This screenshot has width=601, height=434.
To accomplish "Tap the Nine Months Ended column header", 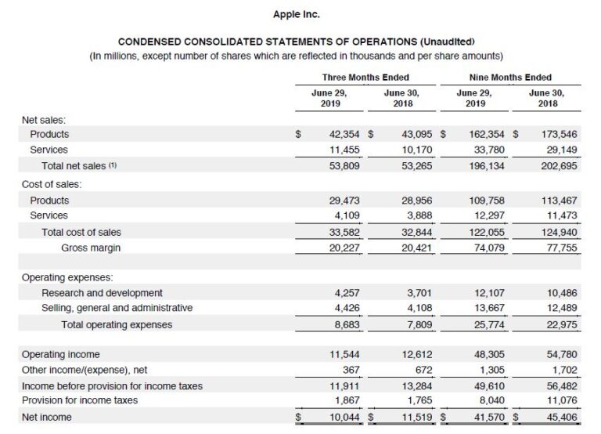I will click(510, 78).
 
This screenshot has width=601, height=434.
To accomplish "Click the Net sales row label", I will click(44, 120).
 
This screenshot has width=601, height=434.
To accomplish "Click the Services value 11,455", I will click(340, 150).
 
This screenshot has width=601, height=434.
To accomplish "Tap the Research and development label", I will click(102, 293).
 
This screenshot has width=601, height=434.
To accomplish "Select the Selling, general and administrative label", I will click(117, 308).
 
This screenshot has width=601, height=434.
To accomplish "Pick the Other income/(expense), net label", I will click(84, 370).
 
